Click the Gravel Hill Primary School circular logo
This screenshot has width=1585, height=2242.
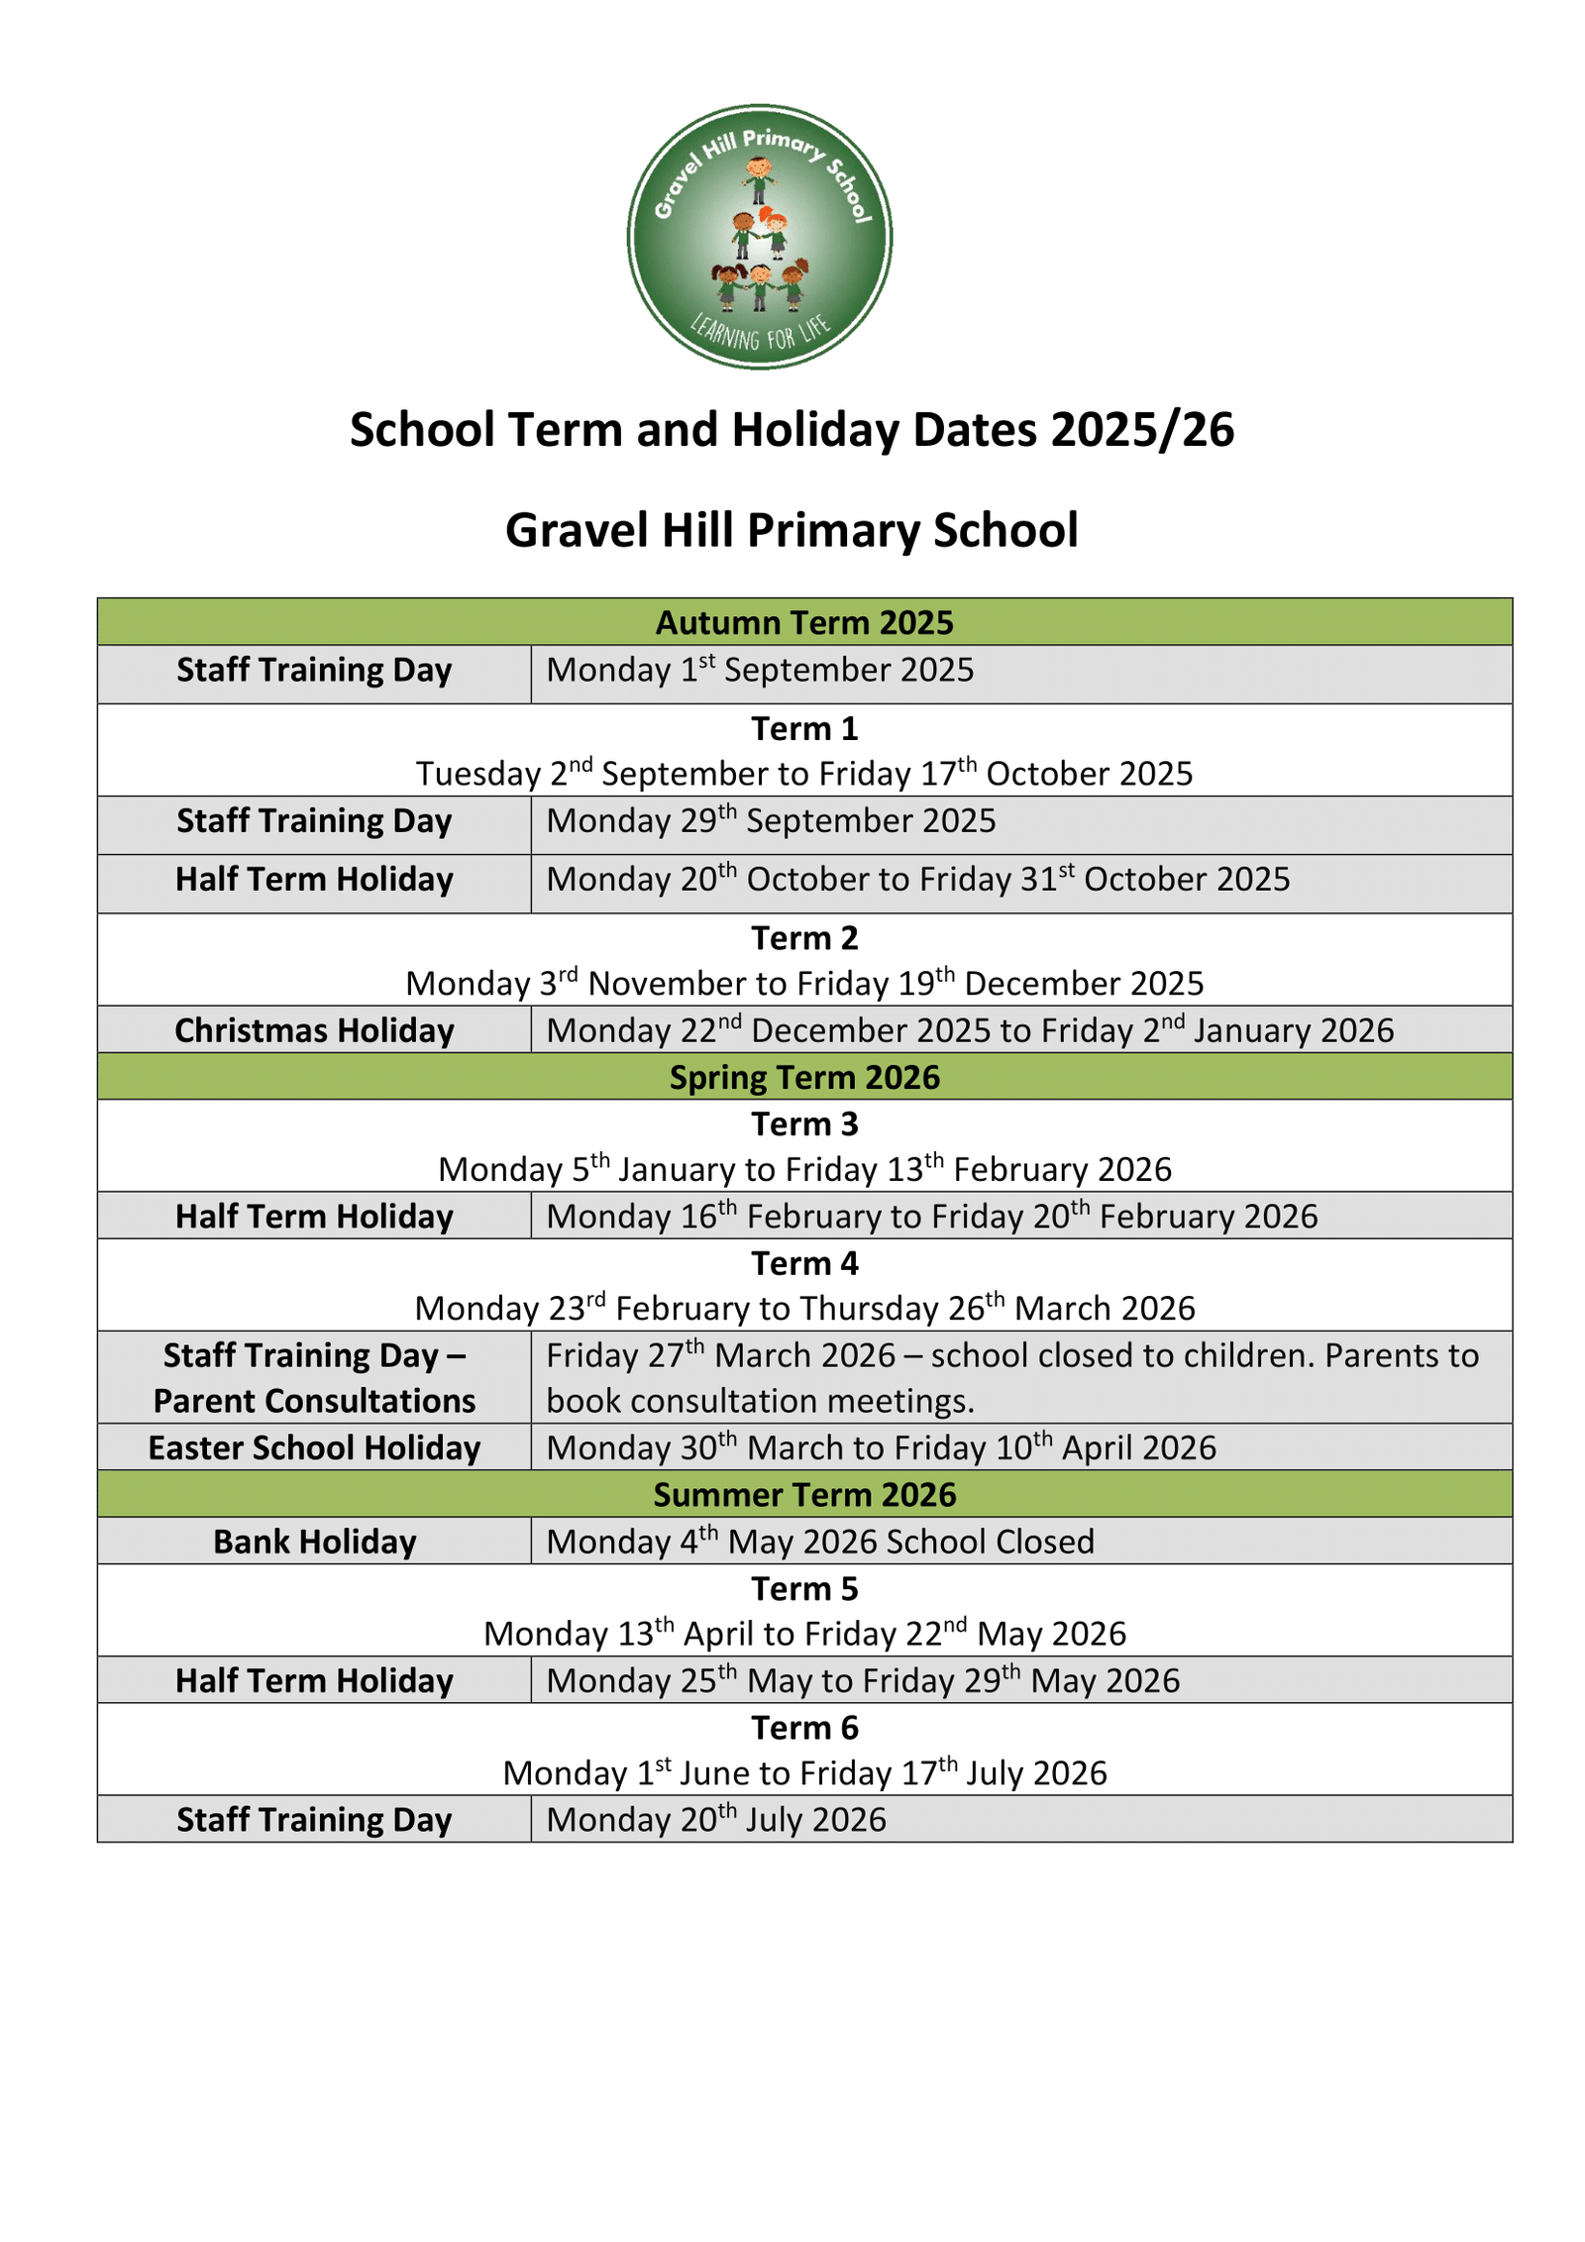click(x=759, y=237)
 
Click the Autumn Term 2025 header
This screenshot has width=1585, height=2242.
click(x=803, y=622)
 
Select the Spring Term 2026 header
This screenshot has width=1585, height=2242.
click(x=803, y=1077)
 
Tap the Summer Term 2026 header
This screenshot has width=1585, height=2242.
click(x=803, y=1494)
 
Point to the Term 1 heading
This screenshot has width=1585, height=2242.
click(x=803, y=728)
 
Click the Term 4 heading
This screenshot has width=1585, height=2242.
click(x=803, y=1263)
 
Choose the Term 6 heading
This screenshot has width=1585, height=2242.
click(x=803, y=1728)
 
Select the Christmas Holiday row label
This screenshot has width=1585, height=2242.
click(x=314, y=1030)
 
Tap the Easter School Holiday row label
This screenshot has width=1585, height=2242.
click(x=314, y=1447)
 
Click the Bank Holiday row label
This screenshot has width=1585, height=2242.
click(x=314, y=1542)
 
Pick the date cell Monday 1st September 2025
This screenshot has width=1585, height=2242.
click(x=760, y=671)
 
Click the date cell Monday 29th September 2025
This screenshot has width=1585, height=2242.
click(x=771, y=821)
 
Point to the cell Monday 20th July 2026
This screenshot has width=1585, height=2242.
click(x=715, y=1820)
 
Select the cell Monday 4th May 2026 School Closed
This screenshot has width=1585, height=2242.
click(x=820, y=1542)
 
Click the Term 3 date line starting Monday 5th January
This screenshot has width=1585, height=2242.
click(x=803, y=1169)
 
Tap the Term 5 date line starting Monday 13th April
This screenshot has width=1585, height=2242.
click(x=803, y=1634)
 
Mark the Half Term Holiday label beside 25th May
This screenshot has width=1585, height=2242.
click(x=314, y=1681)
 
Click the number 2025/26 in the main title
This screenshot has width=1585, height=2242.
click(x=1141, y=430)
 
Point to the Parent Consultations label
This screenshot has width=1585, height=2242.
click(x=314, y=1401)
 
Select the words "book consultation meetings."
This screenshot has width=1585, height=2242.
click(x=760, y=1401)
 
